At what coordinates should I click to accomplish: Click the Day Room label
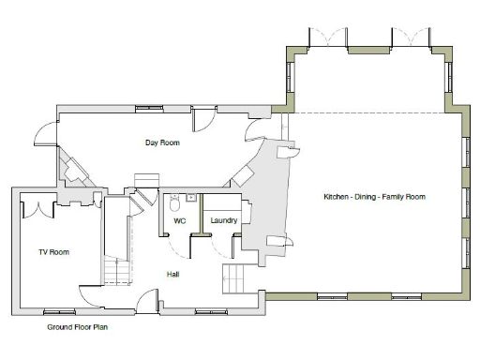(x=161, y=143)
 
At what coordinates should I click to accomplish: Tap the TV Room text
(x=53, y=252)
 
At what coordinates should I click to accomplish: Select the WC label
(x=180, y=221)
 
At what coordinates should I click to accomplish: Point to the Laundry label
(x=224, y=221)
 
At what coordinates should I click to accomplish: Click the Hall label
(x=172, y=274)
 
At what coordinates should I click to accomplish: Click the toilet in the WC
(x=174, y=202)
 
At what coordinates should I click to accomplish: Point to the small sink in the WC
(x=189, y=198)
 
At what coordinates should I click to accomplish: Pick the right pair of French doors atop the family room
(x=409, y=39)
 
